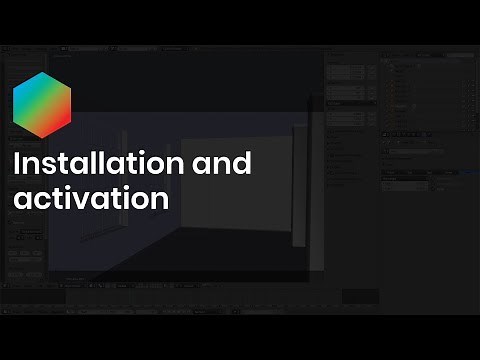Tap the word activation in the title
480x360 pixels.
point(90,197)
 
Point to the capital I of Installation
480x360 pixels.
point(18,164)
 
